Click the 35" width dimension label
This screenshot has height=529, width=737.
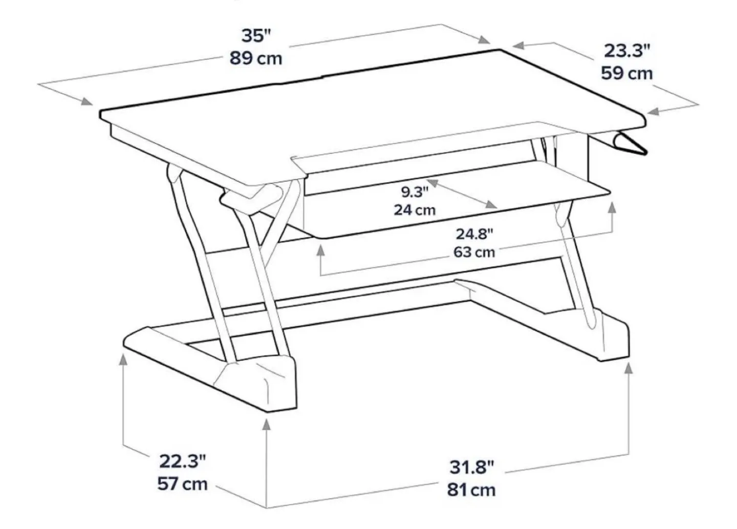click(256, 36)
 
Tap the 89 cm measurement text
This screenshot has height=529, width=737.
click(255, 58)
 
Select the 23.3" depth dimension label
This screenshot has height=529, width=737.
click(627, 51)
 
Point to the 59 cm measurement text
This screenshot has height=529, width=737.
click(627, 73)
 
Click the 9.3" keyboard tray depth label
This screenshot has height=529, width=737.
click(414, 192)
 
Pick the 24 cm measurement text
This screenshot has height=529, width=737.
click(415, 209)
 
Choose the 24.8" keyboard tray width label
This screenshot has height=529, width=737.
click(474, 234)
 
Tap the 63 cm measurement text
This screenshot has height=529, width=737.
click(474, 252)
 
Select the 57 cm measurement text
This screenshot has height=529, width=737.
click(183, 484)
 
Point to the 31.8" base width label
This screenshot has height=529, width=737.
click(472, 467)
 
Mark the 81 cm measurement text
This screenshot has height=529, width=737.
click(472, 490)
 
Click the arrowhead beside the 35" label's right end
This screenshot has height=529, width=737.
click(484, 40)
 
